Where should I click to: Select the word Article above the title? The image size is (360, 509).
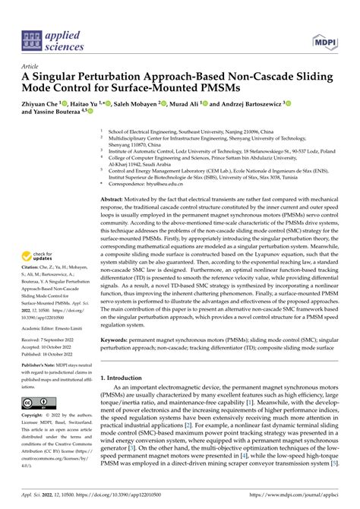click(x=32, y=66)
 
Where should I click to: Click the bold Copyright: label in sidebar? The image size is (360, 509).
click(x=35, y=416)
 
